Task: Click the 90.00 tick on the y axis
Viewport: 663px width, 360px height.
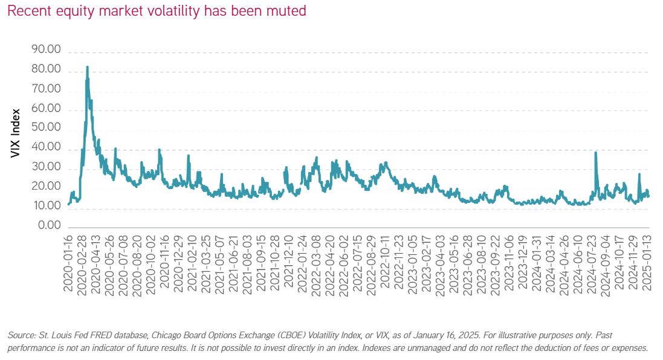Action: (45, 50)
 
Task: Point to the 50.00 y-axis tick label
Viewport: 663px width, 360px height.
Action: (45, 128)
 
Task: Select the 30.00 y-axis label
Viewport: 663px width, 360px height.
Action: (45, 167)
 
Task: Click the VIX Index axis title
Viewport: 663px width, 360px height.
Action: (16, 133)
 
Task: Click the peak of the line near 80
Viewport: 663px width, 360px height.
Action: (88, 66)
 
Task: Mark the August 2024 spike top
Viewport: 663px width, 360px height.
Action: (596, 152)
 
